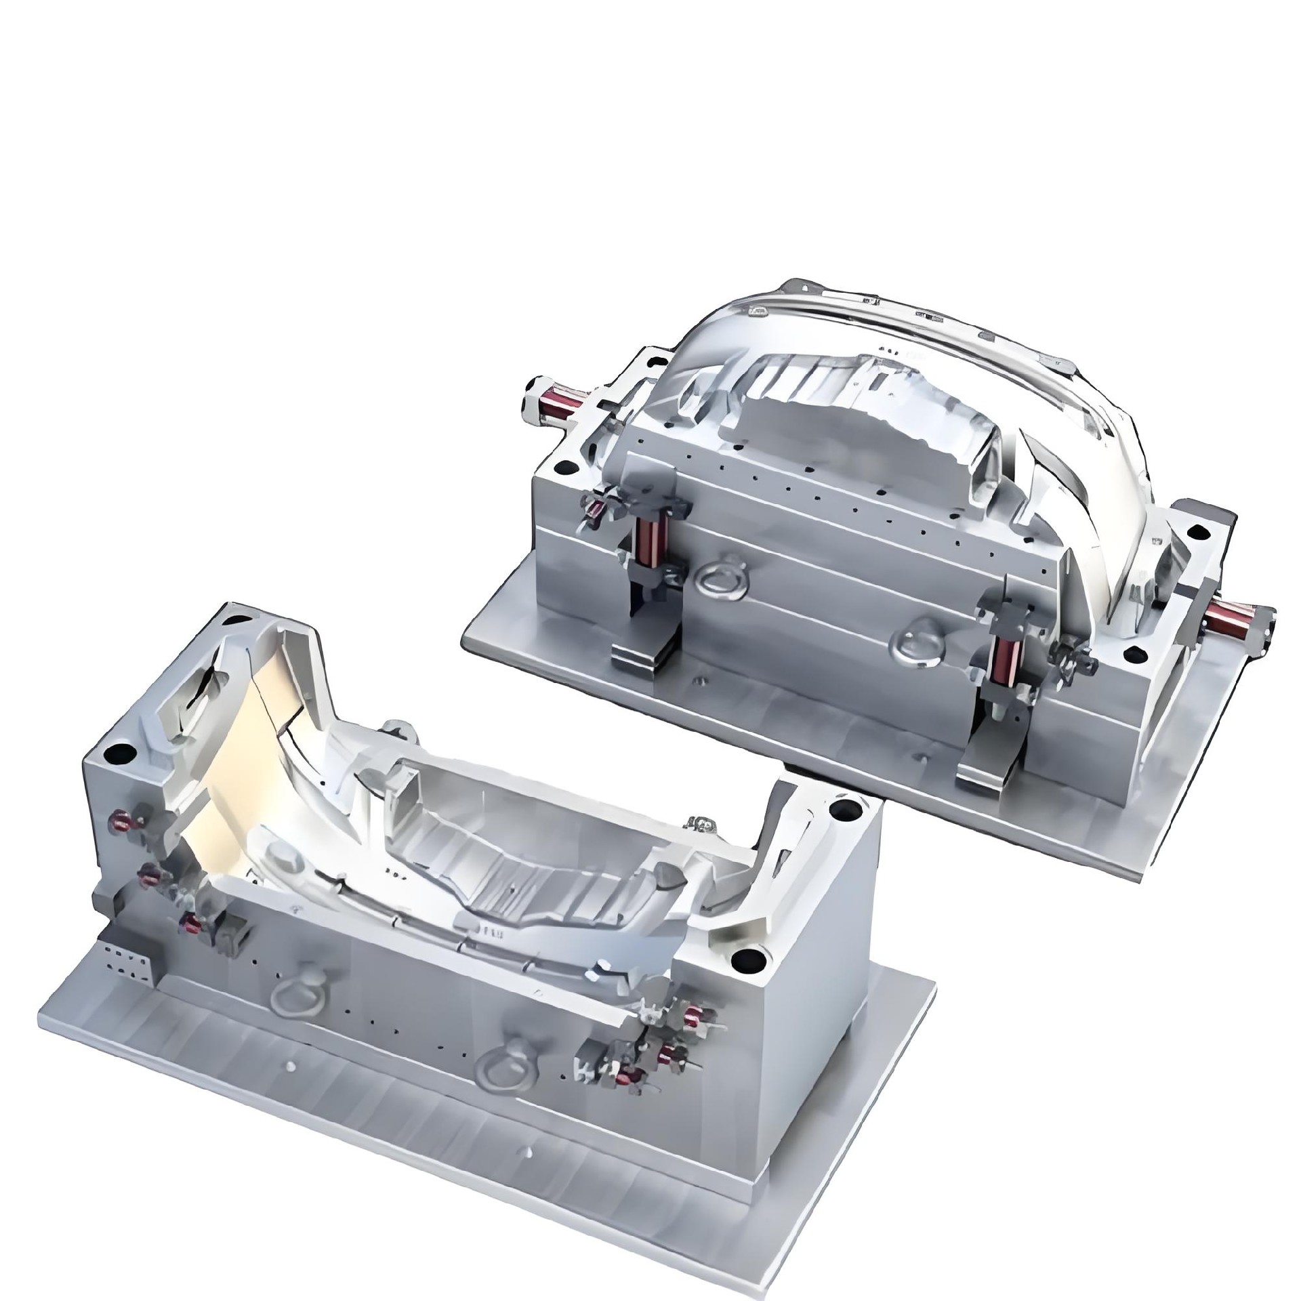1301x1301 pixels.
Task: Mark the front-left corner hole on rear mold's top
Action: [562, 467]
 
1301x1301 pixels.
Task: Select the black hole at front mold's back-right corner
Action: [845, 808]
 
